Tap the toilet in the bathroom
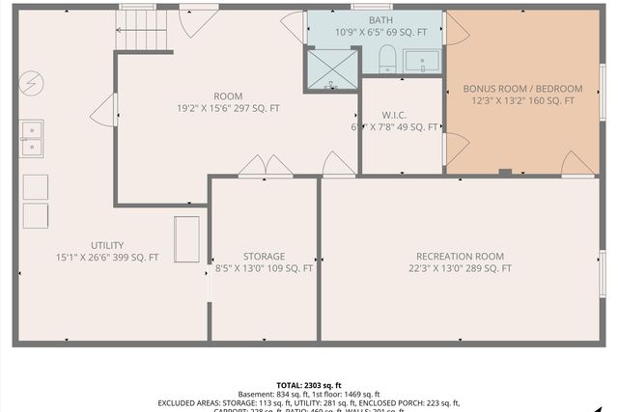387,58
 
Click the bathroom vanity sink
422,62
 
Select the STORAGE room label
264,257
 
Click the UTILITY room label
108,245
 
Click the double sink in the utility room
30,138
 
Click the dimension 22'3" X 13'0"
436,268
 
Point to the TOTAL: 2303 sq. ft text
309,384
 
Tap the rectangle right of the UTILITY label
186,239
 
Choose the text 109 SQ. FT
289,269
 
